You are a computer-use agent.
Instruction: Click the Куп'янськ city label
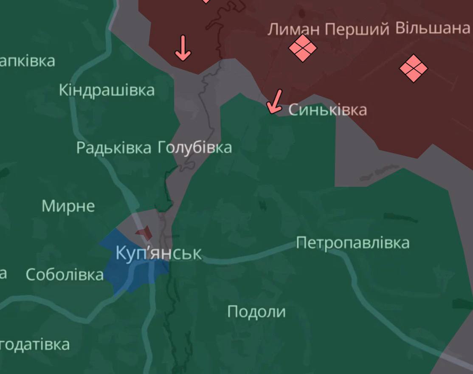[158, 253]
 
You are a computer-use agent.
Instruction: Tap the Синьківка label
[327, 110]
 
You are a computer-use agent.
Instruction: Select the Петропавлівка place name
[352, 243]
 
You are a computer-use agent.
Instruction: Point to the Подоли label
[256, 312]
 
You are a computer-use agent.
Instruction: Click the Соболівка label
[65, 275]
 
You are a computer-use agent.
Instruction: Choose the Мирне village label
[68, 206]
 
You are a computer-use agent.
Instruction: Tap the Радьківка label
[113, 148]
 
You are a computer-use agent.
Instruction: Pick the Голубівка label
[195, 147]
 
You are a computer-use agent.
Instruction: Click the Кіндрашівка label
[107, 90]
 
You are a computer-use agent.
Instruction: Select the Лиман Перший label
[328, 29]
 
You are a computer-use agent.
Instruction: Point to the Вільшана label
[432, 28]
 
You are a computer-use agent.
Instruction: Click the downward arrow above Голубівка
[183, 48]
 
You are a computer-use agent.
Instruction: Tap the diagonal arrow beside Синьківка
[275, 102]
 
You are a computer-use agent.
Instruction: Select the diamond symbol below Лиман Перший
[302, 48]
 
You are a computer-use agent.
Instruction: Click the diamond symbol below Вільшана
[413, 68]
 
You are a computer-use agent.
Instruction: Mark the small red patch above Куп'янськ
[144, 233]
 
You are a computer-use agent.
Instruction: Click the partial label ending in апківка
[27, 61]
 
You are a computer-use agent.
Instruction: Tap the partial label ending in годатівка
[34, 344]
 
